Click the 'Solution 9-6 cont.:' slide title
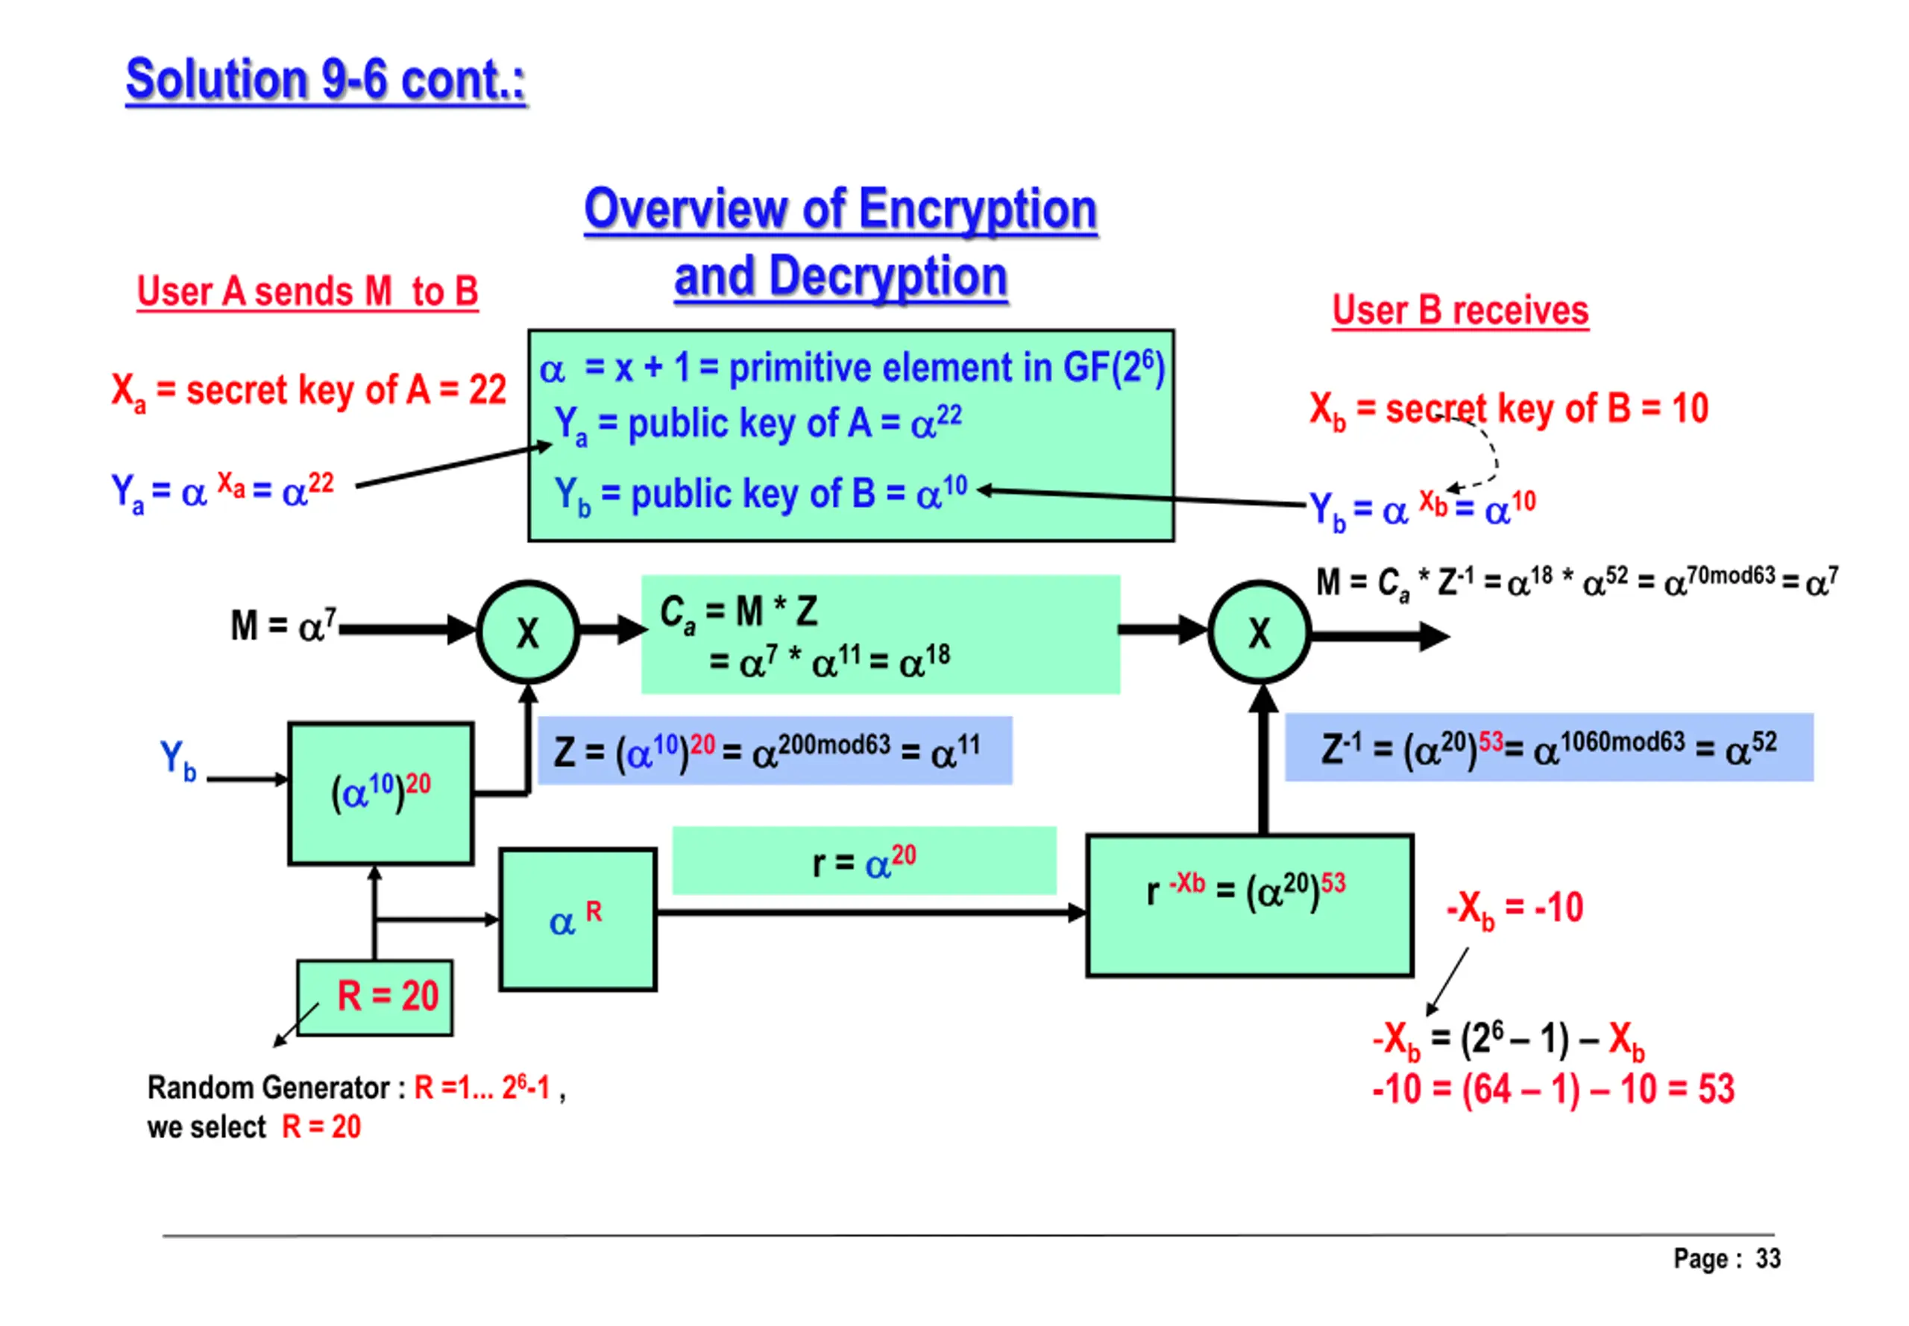point(326,81)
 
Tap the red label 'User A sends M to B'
point(307,292)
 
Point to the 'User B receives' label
point(1459,311)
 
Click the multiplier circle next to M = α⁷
point(527,632)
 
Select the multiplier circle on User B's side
point(1259,632)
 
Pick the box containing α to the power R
point(577,919)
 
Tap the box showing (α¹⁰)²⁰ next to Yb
point(380,794)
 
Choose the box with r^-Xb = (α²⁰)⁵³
point(1248,904)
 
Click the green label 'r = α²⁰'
point(864,861)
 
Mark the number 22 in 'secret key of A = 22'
point(488,389)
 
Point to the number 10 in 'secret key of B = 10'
point(1689,408)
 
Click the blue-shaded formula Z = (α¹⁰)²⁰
point(774,750)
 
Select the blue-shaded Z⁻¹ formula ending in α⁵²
point(1549,747)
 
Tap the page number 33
point(1767,1258)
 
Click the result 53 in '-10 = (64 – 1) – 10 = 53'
point(1715,1088)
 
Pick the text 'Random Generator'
point(268,1087)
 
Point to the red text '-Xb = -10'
point(1515,908)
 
